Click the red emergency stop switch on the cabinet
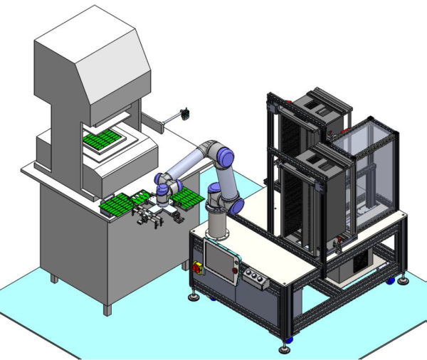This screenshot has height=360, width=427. coord(199,267)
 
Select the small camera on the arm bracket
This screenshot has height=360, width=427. coord(185,112)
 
